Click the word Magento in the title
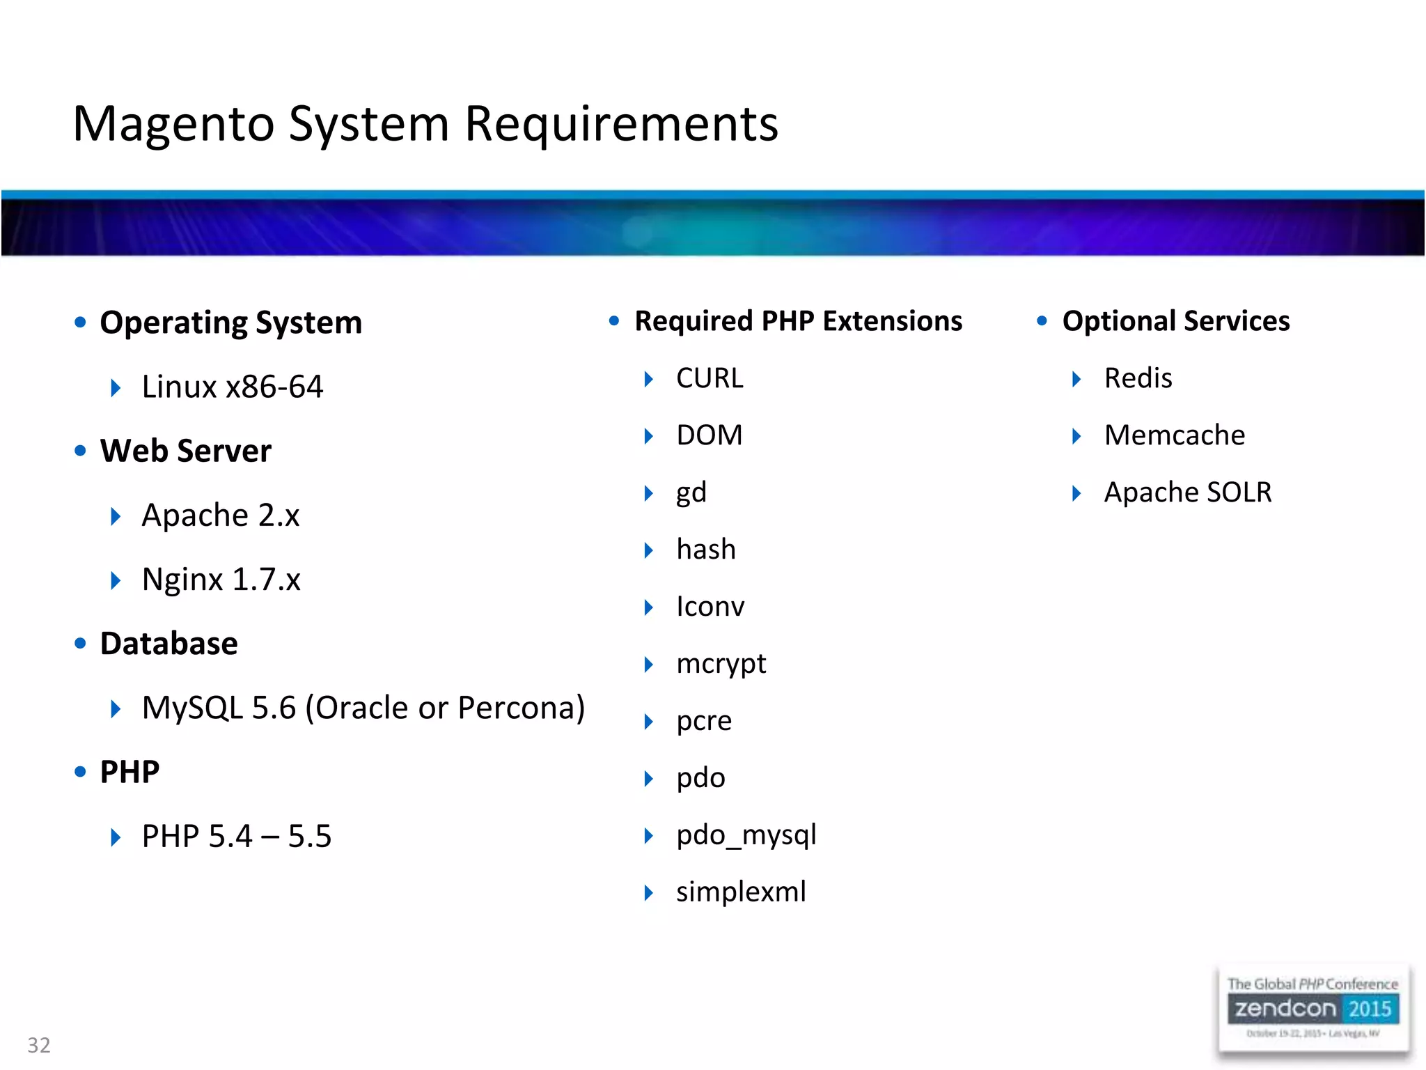[174, 124]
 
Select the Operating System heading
[230, 323]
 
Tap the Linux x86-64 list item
[232, 387]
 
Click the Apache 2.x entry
[220, 515]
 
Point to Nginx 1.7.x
[221, 580]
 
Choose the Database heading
[169, 644]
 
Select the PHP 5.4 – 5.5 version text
[236, 836]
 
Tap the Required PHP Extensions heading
[798, 321]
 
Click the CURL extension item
[710, 378]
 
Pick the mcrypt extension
[721, 664]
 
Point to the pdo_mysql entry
[746, 835]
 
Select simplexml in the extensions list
[741, 892]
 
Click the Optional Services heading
[1175, 321]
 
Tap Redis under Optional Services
[1138, 378]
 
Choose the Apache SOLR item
[1187, 493]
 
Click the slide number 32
[39, 1045]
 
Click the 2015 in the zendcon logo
[1369, 1009]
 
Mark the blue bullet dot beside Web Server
[80, 451]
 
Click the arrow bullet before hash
[648, 550]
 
